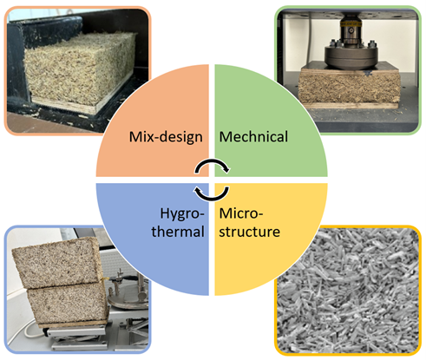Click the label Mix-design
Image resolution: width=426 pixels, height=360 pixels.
[166, 137]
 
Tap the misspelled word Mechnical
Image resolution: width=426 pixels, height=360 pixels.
[253, 136]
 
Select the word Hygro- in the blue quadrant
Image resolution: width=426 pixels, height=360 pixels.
[182, 214]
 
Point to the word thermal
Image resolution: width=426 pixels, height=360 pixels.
[178, 232]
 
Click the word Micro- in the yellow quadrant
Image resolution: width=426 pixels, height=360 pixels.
[241, 213]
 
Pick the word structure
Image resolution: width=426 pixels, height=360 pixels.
[249, 232]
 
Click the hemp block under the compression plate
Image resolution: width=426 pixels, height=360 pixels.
[349, 88]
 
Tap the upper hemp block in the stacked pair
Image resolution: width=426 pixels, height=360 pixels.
[56, 262]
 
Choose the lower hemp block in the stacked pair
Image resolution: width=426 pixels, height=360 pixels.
[68, 303]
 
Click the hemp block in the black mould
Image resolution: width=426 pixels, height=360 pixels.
[81, 69]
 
